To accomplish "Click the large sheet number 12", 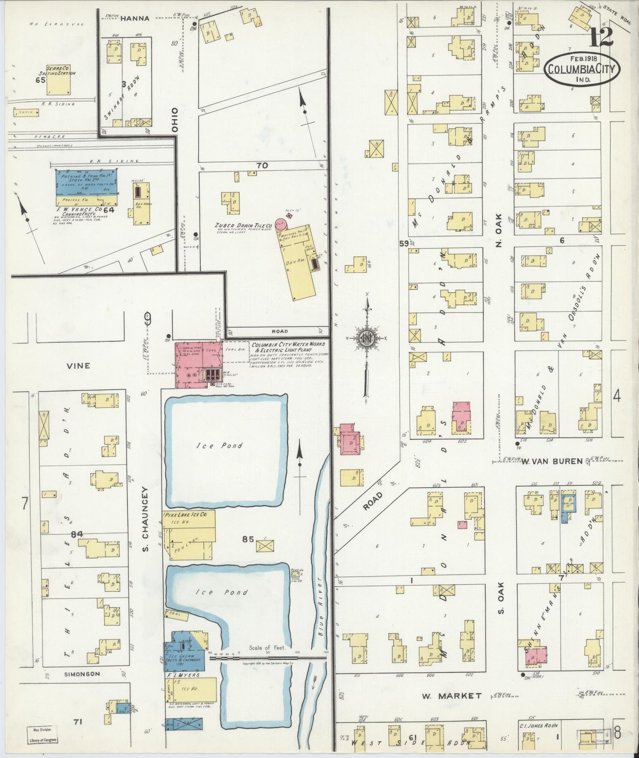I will coord(601,37).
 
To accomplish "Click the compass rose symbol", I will coord(366,339).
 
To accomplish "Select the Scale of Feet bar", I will coord(268,658).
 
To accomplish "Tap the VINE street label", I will coord(78,366).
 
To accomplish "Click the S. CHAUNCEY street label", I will coord(145,525).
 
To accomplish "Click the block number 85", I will coord(248,540).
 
